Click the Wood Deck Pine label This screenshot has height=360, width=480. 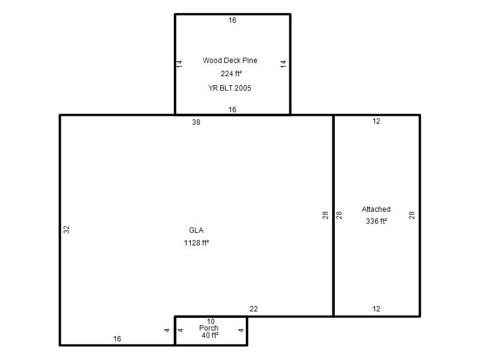click(x=230, y=61)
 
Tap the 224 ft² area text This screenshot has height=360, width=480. click(x=231, y=74)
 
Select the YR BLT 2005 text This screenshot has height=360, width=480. click(x=230, y=88)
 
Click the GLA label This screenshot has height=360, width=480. click(x=196, y=230)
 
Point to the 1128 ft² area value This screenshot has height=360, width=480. click(x=196, y=243)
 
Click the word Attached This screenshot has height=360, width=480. click(x=376, y=209)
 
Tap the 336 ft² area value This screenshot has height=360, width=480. click(x=376, y=221)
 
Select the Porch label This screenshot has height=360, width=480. click(x=209, y=328)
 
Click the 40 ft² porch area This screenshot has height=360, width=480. click(x=210, y=335)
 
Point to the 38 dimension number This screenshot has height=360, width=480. click(x=196, y=122)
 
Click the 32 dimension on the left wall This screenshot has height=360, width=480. click(x=67, y=230)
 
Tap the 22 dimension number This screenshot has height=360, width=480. click(x=254, y=309)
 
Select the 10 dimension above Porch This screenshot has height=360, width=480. click(x=211, y=322)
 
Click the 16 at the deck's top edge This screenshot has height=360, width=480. click(x=232, y=20)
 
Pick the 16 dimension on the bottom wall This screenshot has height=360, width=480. click(x=117, y=339)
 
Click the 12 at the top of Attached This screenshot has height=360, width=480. click(x=376, y=121)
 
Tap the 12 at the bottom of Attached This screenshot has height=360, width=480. click(x=376, y=309)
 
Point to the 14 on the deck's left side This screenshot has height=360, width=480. click(x=179, y=64)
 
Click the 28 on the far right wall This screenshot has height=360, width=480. click(x=412, y=215)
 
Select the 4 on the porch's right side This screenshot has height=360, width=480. click(x=241, y=331)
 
